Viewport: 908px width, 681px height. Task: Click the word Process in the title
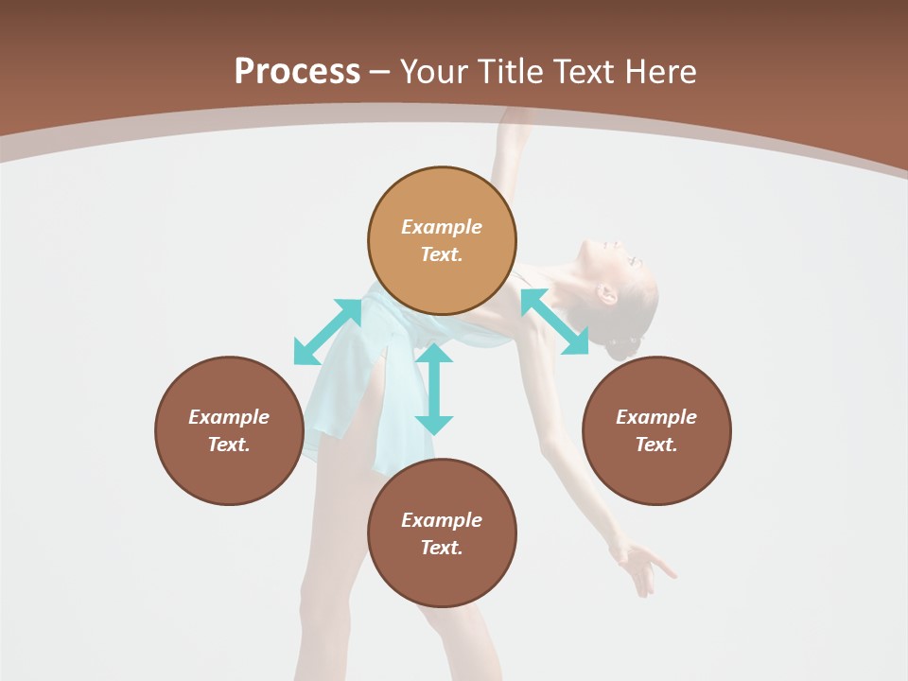[x=297, y=72]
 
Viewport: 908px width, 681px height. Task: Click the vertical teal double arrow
[x=434, y=389]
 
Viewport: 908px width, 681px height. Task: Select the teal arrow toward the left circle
[x=327, y=332]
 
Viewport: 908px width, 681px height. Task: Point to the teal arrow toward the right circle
[x=554, y=322]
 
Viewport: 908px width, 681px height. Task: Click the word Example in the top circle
[x=442, y=227]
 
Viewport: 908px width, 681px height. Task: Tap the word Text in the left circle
[x=229, y=445]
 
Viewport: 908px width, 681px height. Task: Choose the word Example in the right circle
[x=656, y=417]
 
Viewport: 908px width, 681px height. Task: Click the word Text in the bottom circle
[x=442, y=548]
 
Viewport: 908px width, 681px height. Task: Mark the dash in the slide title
[x=380, y=72]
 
